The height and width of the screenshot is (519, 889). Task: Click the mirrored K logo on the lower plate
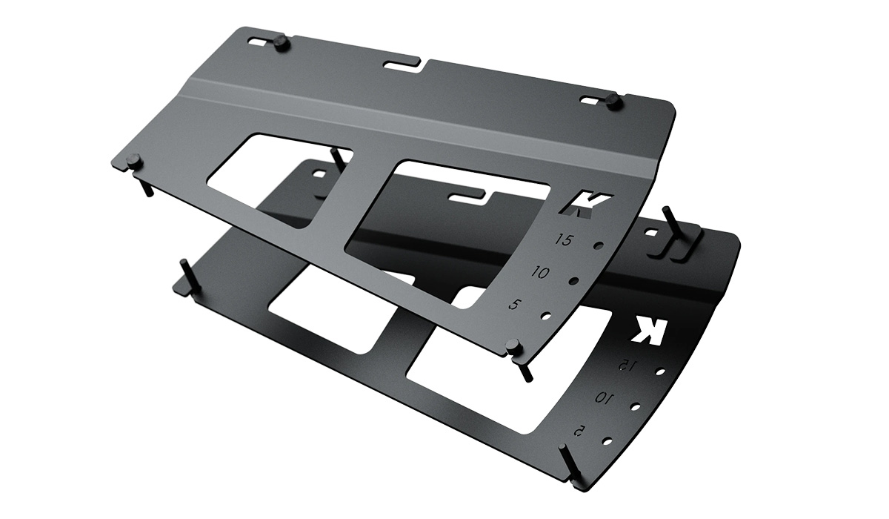pos(649,330)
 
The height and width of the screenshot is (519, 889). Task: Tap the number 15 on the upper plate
pos(565,239)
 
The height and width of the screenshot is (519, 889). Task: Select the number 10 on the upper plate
pos(541,272)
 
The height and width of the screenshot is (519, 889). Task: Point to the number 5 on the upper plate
pos(515,305)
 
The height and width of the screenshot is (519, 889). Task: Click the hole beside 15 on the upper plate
pos(599,246)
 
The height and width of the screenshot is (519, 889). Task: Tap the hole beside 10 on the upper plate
pos(573,281)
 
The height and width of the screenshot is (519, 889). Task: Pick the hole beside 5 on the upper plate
pos(546,317)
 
